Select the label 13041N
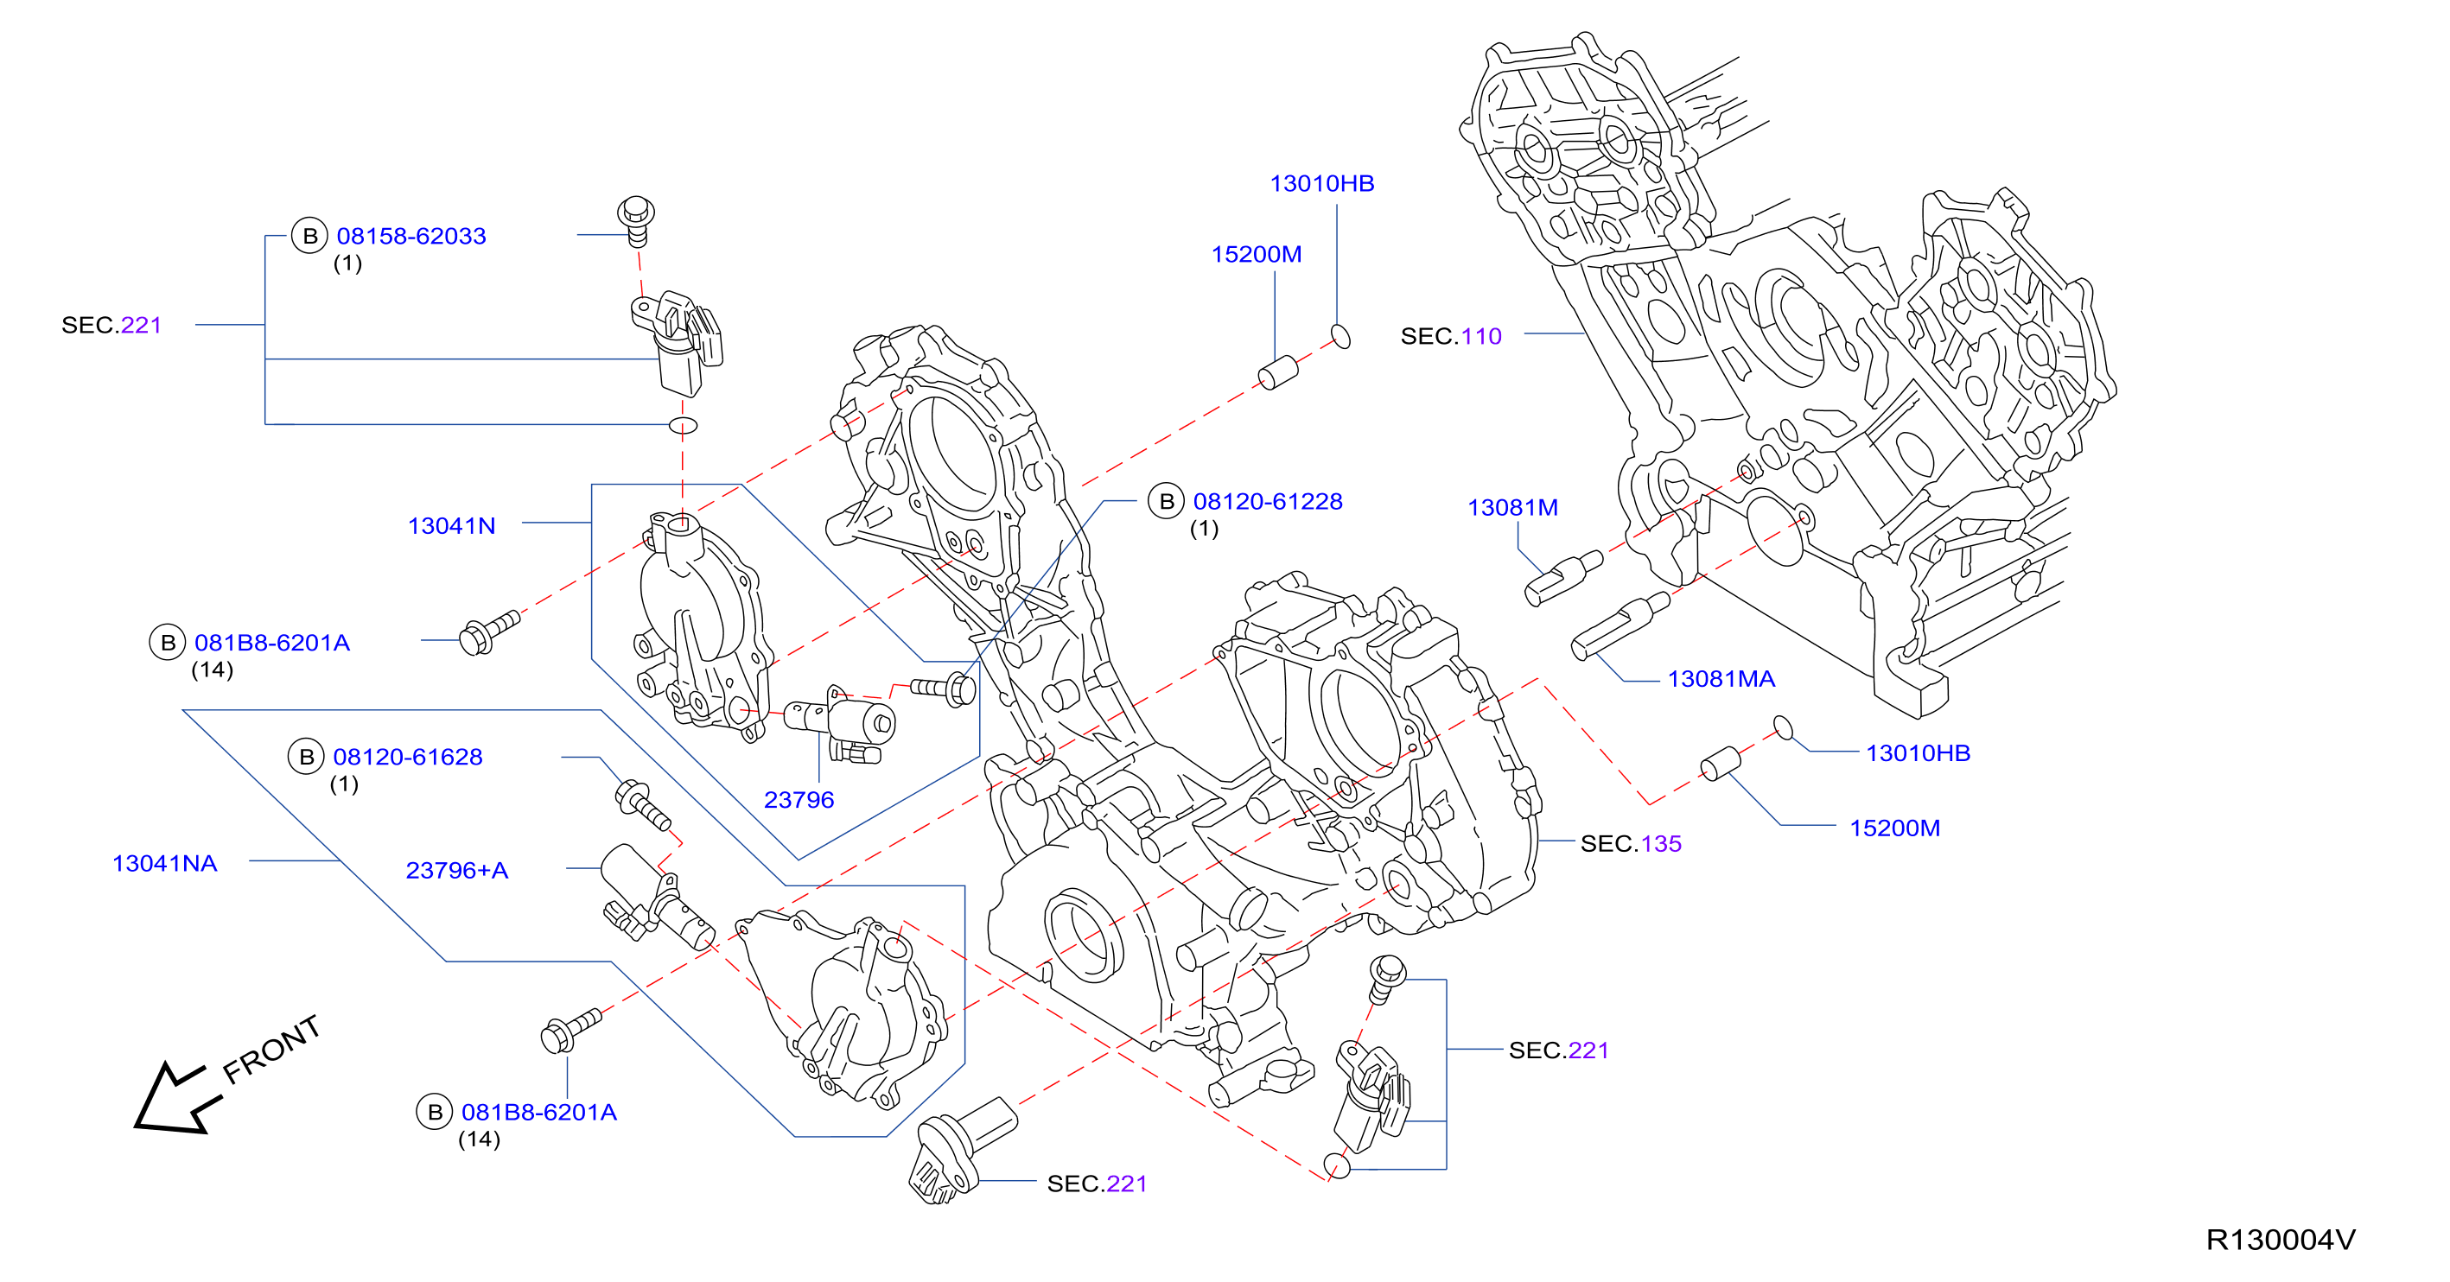pos(452,526)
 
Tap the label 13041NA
pos(164,864)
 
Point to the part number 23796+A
pos(456,870)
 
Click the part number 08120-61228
pos(1268,501)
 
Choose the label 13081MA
pos(1721,679)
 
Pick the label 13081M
pos(1513,508)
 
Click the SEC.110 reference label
pos(1451,336)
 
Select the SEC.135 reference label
pos(1631,843)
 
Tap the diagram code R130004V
pos(2281,1241)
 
